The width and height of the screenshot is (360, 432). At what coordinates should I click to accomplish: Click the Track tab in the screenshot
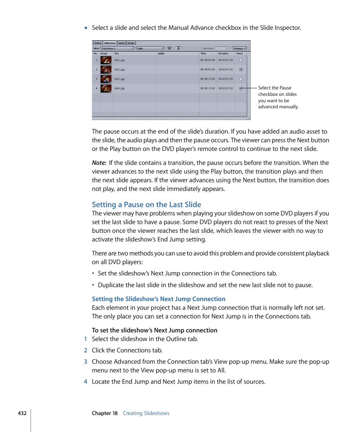tap(98, 43)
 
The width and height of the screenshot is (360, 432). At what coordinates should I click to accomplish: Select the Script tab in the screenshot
tap(131, 43)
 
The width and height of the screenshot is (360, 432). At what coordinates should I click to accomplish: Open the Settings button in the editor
tap(239, 48)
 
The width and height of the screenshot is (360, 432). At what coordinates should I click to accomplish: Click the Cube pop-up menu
tap(150, 48)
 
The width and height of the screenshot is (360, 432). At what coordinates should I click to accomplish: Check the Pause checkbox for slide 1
tap(241, 60)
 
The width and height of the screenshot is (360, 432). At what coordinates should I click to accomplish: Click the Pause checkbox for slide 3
tap(241, 79)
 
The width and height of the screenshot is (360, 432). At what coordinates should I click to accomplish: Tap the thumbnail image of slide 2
tap(106, 69)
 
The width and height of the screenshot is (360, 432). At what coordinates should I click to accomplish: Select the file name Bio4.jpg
tap(120, 88)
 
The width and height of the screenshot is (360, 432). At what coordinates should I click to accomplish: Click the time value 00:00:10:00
tap(208, 79)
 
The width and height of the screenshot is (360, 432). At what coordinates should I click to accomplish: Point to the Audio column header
tap(162, 54)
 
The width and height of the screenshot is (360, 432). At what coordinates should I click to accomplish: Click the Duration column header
tap(223, 54)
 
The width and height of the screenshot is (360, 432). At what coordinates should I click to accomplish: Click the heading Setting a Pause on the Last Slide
tap(146, 204)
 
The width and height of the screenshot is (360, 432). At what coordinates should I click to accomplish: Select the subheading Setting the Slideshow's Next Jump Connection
tap(158, 299)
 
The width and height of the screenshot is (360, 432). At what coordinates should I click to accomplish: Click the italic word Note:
tap(99, 163)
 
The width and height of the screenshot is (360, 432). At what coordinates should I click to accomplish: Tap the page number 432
tap(22, 413)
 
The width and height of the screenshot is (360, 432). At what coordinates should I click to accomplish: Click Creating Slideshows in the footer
tap(146, 413)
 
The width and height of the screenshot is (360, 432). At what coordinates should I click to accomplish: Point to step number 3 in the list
tap(85, 361)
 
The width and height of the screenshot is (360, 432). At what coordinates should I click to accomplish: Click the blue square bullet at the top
tap(86, 28)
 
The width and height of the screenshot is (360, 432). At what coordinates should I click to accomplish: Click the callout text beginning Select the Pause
tap(278, 97)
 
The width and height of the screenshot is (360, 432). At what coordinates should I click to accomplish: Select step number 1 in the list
tap(85, 339)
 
